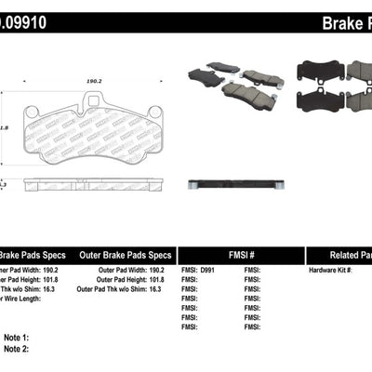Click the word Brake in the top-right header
337,21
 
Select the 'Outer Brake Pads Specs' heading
118,254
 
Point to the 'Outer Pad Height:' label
101,280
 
